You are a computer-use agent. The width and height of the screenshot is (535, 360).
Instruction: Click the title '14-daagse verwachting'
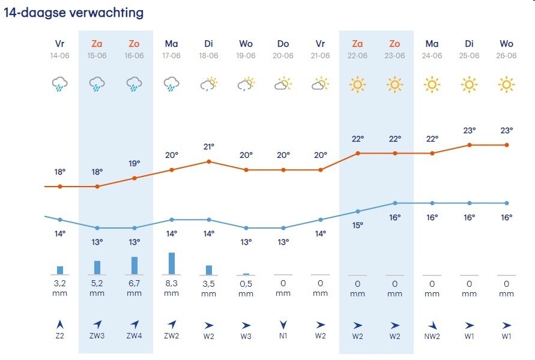[74, 13]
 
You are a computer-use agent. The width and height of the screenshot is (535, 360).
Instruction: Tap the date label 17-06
[172, 56]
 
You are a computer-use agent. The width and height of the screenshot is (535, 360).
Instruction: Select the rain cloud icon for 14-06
[60, 85]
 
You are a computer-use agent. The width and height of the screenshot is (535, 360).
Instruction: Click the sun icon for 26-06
[507, 85]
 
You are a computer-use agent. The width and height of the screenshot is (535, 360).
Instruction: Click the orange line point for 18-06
[209, 161]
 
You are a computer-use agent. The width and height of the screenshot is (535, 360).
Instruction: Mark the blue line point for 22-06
[358, 211]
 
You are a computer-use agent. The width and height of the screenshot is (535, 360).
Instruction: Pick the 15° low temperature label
[358, 226]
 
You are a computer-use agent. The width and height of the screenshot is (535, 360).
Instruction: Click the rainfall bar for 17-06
[172, 263]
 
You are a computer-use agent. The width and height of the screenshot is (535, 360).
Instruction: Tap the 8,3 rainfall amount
[172, 283]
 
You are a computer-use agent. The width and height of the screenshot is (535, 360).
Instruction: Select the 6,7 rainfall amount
[135, 283]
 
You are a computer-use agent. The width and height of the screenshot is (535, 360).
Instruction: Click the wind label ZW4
[135, 336]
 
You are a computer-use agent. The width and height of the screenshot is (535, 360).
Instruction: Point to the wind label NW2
[432, 336]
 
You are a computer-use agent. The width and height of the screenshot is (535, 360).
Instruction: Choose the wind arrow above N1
[283, 325]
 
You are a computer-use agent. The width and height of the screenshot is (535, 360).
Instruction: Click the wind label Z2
[60, 336]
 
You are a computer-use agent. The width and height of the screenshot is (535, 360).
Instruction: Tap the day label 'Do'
[283, 44]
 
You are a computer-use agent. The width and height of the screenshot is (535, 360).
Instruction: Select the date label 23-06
[395, 56]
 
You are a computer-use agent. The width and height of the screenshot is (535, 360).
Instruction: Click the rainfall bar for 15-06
[97, 268]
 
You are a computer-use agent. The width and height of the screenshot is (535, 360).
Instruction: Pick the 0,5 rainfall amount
[246, 283]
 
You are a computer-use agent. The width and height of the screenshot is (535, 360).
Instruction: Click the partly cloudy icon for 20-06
[283, 85]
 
